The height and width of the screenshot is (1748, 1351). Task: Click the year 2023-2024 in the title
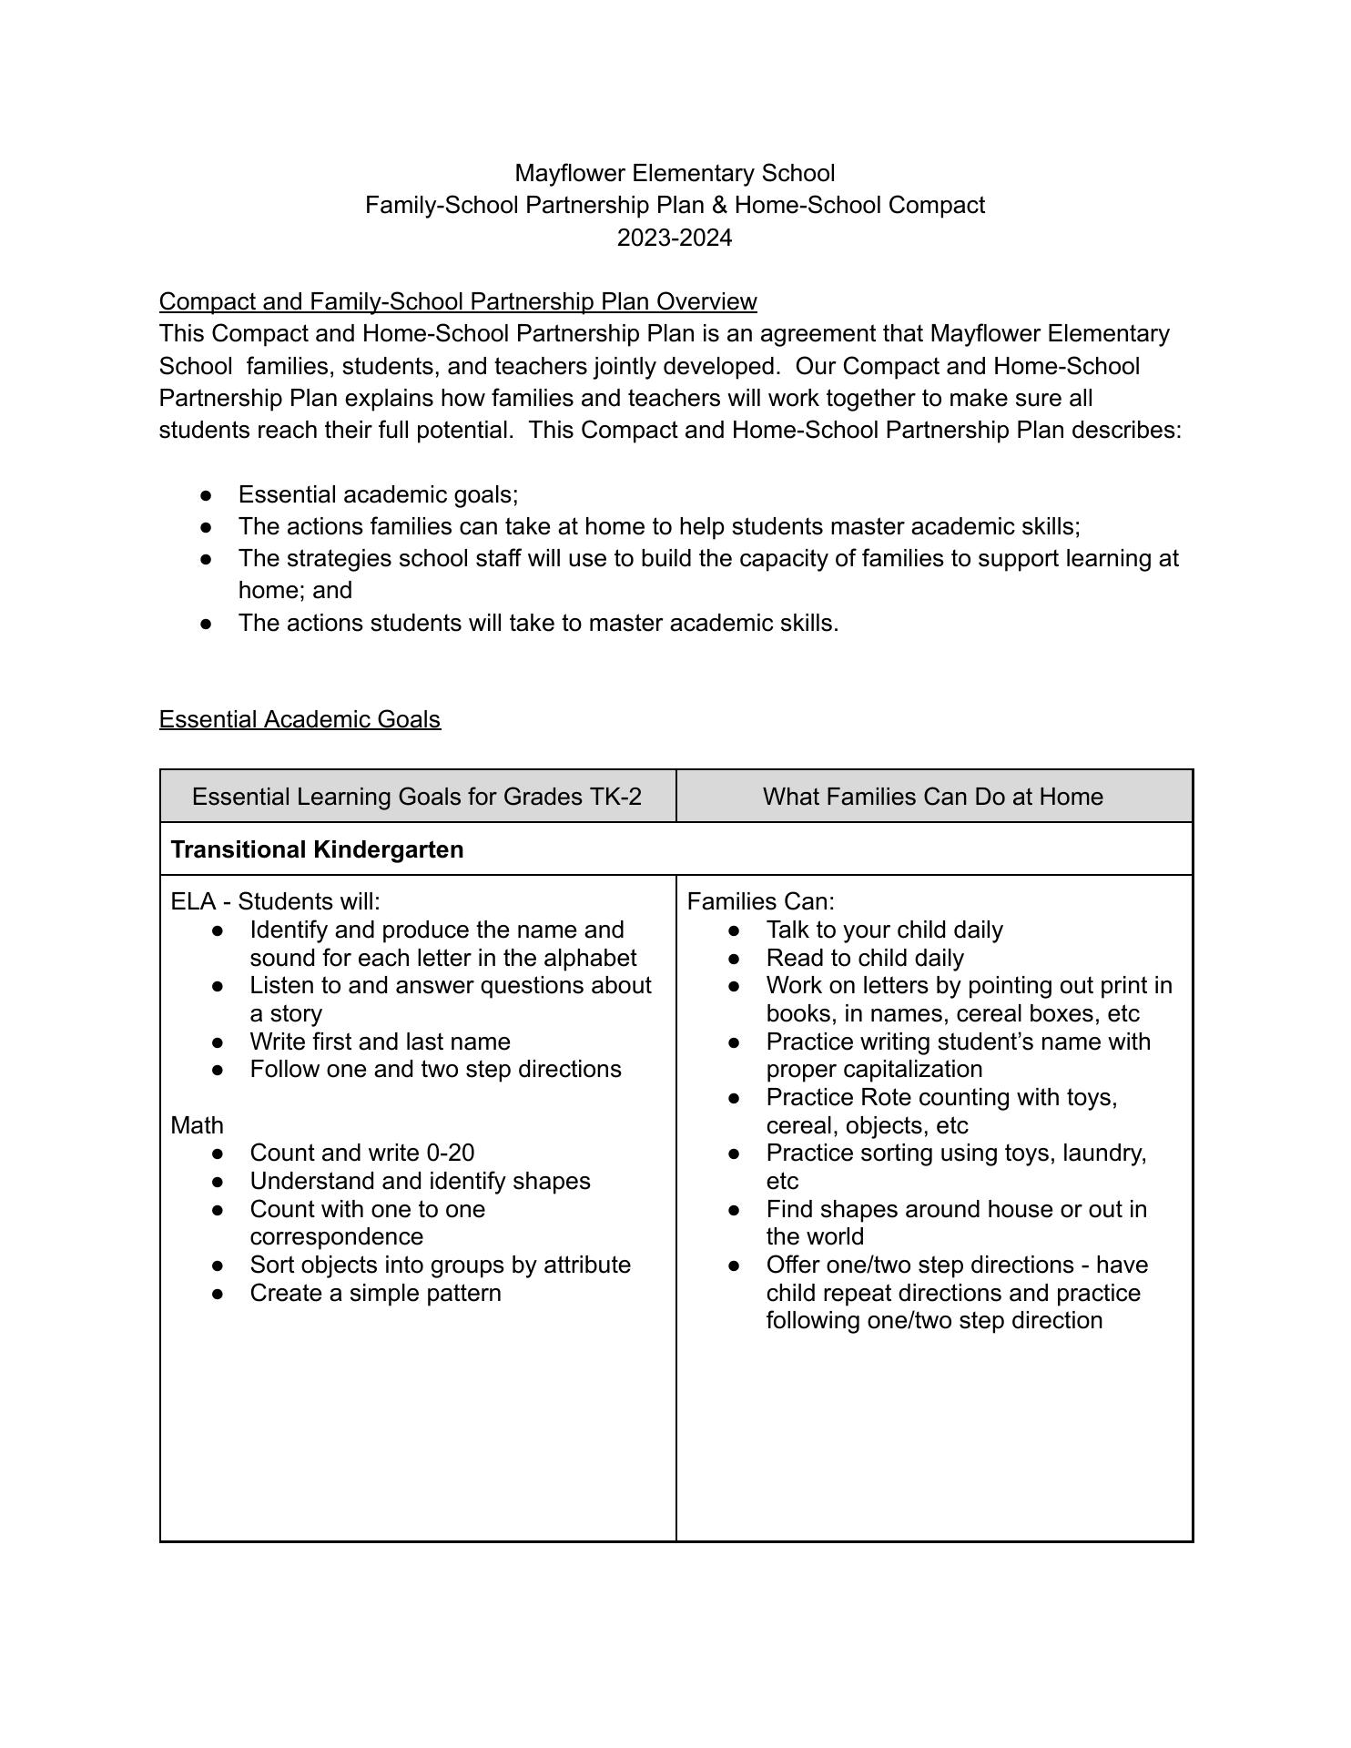pos(674,238)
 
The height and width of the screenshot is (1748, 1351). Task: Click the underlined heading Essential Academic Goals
pos(300,719)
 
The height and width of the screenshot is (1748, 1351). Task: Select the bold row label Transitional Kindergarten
pos(317,849)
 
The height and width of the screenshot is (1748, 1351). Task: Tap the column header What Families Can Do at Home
pos(932,797)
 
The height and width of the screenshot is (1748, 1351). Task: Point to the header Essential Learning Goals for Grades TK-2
pos(416,797)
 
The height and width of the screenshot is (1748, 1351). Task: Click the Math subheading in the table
pos(197,1125)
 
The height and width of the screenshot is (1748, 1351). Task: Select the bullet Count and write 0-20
pos(361,1153)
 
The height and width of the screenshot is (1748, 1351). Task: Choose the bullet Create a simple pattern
pos(375,1293)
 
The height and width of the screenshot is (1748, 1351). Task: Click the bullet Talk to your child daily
pos(884,930)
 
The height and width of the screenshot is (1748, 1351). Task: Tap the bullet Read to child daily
pos(864,958)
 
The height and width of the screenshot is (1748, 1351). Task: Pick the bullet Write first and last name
pos(380,1042)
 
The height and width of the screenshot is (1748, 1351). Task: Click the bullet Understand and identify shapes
pos(420,1181)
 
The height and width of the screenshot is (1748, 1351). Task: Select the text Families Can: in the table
pos(760,901)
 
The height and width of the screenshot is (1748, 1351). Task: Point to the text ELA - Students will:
pos(275,901)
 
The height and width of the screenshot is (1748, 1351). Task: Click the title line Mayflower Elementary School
pos(675,173)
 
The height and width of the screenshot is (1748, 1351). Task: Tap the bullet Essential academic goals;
pos(378,494)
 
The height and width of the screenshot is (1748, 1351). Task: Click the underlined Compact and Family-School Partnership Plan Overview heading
pos(458,301)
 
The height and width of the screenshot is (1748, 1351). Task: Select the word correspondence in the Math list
pos(336,1236)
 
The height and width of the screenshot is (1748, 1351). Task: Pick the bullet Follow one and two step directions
pos(435,1069)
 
